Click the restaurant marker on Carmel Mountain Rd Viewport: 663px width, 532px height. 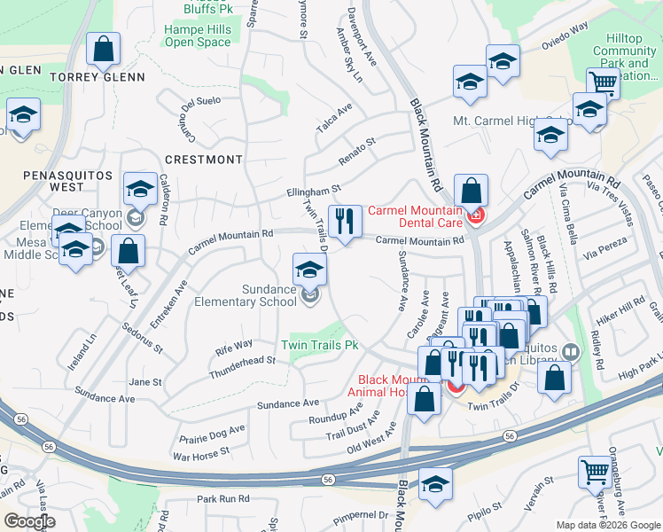coord(342,220)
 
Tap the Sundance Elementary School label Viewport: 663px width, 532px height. coord(269,295)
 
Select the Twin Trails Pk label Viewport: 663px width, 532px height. coord(319,344)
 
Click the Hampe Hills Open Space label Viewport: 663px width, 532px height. coord(198,35)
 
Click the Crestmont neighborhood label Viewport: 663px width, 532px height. coord(203,160)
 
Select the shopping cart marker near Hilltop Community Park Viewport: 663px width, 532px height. coord(603,83)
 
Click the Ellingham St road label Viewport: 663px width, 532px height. coord(313,190)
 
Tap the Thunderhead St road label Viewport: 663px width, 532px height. coord(242,366)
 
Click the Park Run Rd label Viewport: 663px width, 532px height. coord(223,499)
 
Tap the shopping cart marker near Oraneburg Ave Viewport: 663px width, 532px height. coord(593,471)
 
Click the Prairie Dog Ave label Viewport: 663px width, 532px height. coord(211,434)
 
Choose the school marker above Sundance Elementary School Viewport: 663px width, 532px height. coord(308,269)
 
